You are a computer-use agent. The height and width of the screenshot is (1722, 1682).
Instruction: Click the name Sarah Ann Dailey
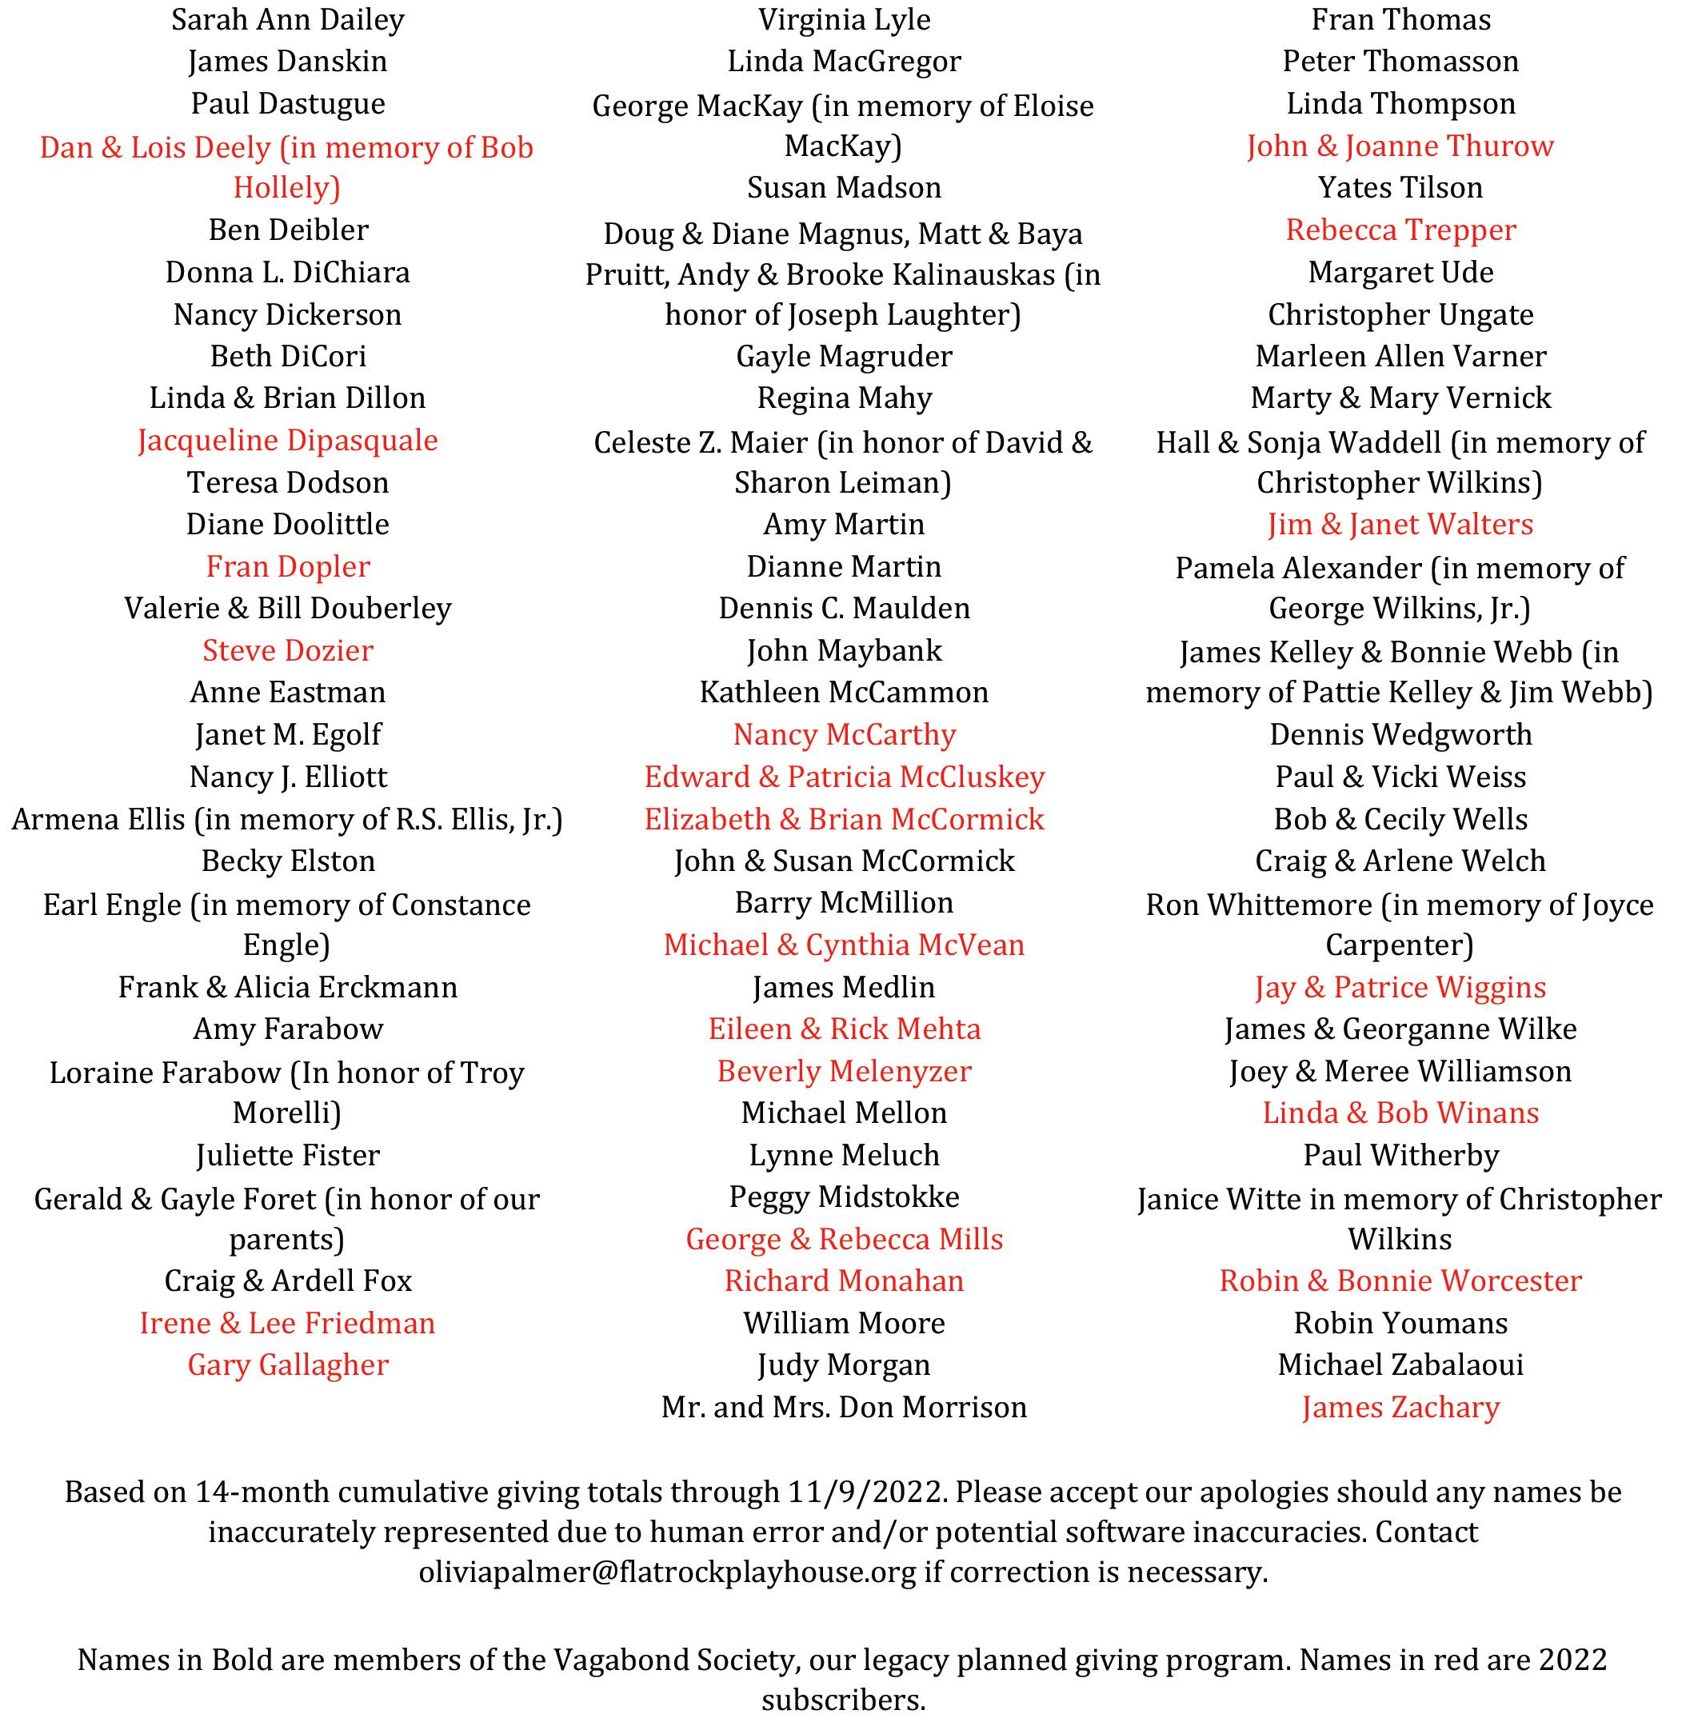tap(287, 19)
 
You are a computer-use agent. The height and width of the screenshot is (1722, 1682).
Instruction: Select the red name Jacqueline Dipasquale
tap(287, 440)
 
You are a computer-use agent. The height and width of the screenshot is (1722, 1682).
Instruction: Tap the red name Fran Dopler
tap(287, 566)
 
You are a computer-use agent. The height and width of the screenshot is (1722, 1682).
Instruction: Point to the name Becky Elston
tap(287, 861)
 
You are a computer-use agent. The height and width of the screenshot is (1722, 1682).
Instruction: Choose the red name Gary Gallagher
tap(287, 1365)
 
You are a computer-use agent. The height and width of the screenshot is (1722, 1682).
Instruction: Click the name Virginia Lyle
tap(844, 19)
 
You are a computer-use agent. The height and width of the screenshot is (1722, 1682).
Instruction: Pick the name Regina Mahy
tap(844, 398)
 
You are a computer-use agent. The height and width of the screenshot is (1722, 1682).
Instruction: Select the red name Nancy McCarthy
tap(844, 734)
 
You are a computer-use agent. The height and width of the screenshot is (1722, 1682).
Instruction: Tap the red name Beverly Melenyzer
tap(844, 1071)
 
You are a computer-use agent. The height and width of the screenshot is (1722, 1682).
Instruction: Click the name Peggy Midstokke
tap(844, 1197)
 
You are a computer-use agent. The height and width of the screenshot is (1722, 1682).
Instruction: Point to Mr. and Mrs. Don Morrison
tap(844, 1407)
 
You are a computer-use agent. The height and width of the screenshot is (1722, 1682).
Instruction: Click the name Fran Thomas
tap(1400, 19)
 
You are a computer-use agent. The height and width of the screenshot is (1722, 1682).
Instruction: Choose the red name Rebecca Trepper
tap(1400, 230)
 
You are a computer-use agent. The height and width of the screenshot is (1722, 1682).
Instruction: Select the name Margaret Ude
tap(1400, 272)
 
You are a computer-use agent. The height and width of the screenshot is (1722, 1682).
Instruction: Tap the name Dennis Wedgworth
tap(1400, 734)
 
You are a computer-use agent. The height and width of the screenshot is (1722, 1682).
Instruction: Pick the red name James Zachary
tap(1400, 1407)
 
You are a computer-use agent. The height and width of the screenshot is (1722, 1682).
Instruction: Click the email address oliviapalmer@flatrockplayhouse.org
tap(667, 1572)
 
